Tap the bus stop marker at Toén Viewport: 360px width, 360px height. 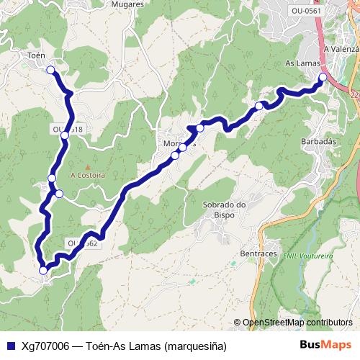click(50, 70)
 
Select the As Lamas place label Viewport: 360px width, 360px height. click(302, 63)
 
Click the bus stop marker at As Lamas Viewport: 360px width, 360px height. click(323, 77)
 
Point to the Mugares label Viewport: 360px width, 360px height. click(128, 4)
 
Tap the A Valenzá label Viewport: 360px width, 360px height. click(341, 49)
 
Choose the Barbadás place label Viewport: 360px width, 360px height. click(319, 142)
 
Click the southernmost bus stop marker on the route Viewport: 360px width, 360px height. click(43, 270)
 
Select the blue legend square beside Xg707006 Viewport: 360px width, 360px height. click(11, 346)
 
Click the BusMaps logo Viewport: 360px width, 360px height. click(326, 346)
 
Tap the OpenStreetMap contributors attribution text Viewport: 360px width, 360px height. click(297, 323)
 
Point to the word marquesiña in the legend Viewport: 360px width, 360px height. click(194, 346)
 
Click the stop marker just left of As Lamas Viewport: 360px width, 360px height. click(259, 107)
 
